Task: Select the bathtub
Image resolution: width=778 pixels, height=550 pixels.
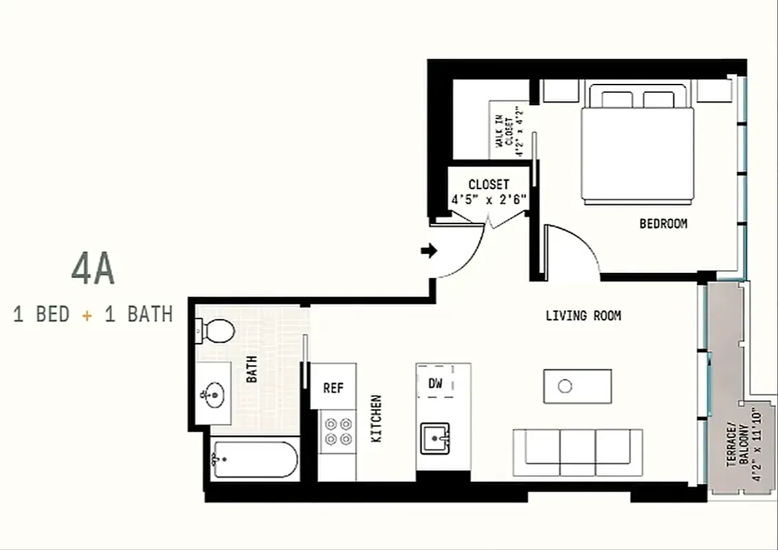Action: click(x=254, y=459)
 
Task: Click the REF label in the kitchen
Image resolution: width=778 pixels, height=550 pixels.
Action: click(x=333, y=388)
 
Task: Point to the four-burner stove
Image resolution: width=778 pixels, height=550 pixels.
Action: click(x=337, y=431)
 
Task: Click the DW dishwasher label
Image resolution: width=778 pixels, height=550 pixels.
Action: click(x=435, y=384)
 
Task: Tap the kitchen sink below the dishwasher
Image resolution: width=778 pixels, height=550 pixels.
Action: click(x=435, y=437)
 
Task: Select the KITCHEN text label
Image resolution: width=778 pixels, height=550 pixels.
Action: click(x=377, y=419)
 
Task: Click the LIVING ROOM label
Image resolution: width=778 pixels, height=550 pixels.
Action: click(x=583, y=316)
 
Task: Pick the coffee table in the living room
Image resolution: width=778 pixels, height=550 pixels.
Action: click(x=577, y=386)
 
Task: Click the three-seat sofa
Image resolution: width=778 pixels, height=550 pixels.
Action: click(x=577, y=452)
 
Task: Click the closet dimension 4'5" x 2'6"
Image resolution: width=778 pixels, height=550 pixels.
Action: click(x=489, y=200)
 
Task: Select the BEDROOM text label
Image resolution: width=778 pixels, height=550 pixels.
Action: click(x=663, y=223)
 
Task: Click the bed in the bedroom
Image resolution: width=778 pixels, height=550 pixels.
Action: click(x=637, y=148)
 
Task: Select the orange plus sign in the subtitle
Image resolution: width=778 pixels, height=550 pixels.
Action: click(x=87, y=315)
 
